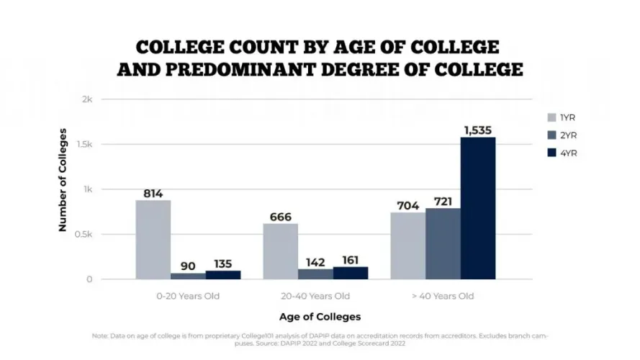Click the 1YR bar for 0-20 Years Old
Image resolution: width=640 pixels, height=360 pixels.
[153, 239]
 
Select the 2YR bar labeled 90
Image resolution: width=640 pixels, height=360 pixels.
[188, 276]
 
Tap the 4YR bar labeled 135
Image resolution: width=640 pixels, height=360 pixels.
[223, 275]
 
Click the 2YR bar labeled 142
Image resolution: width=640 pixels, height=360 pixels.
[315, 274]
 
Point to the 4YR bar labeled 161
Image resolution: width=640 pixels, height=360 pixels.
[350, 273]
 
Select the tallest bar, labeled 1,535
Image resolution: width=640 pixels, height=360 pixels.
[478, 207]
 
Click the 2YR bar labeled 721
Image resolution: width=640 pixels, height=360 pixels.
[443, 243]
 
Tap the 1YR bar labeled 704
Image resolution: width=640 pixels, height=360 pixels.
[407, 246]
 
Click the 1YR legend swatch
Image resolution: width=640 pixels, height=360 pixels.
[552, 117]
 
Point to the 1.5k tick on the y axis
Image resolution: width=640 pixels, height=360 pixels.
[86, 144]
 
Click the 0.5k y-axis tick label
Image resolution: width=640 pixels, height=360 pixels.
[86, 234]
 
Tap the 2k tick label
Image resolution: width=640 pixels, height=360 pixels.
[88, 99]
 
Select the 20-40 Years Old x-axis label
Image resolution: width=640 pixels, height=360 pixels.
[315, 296]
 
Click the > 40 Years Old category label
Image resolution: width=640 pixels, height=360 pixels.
[442, 296]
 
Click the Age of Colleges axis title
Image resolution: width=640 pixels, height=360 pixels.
[320, 317]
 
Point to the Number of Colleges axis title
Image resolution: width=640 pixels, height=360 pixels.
[63, 180]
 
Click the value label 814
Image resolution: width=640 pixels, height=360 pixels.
[153, 193]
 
